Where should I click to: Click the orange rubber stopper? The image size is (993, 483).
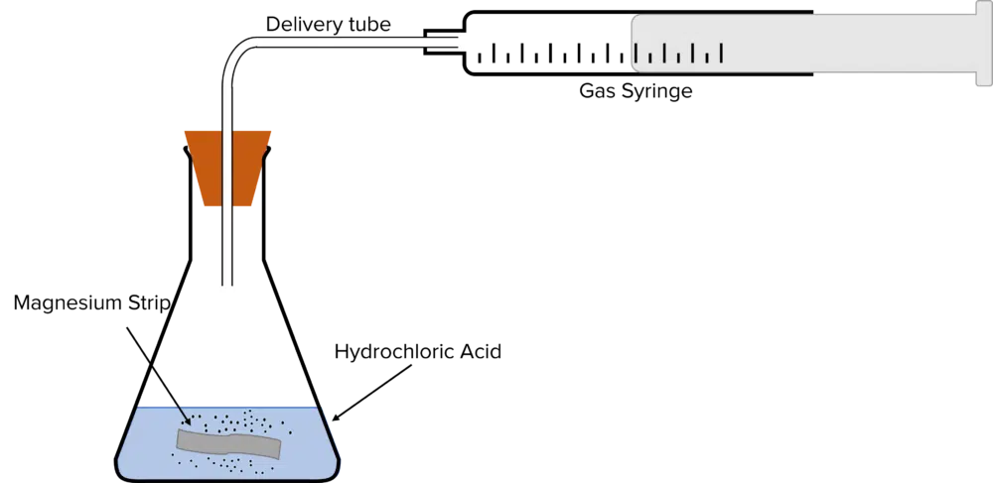(x=228, y=168)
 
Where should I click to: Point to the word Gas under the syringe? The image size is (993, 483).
(x=595, y=91)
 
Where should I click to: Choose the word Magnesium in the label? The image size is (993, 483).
(x=68, y=304)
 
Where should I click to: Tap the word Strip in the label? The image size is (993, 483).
(x=148, y=304)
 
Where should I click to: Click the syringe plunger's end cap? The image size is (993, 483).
(x=984, y=42)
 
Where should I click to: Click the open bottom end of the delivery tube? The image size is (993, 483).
(x=228, y=285)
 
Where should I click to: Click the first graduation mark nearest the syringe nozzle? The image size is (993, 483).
(x=480, y=58)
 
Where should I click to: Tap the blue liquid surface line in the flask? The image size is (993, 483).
(x=233, y=408)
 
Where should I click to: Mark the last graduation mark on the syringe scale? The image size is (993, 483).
(x=721, y=54)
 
